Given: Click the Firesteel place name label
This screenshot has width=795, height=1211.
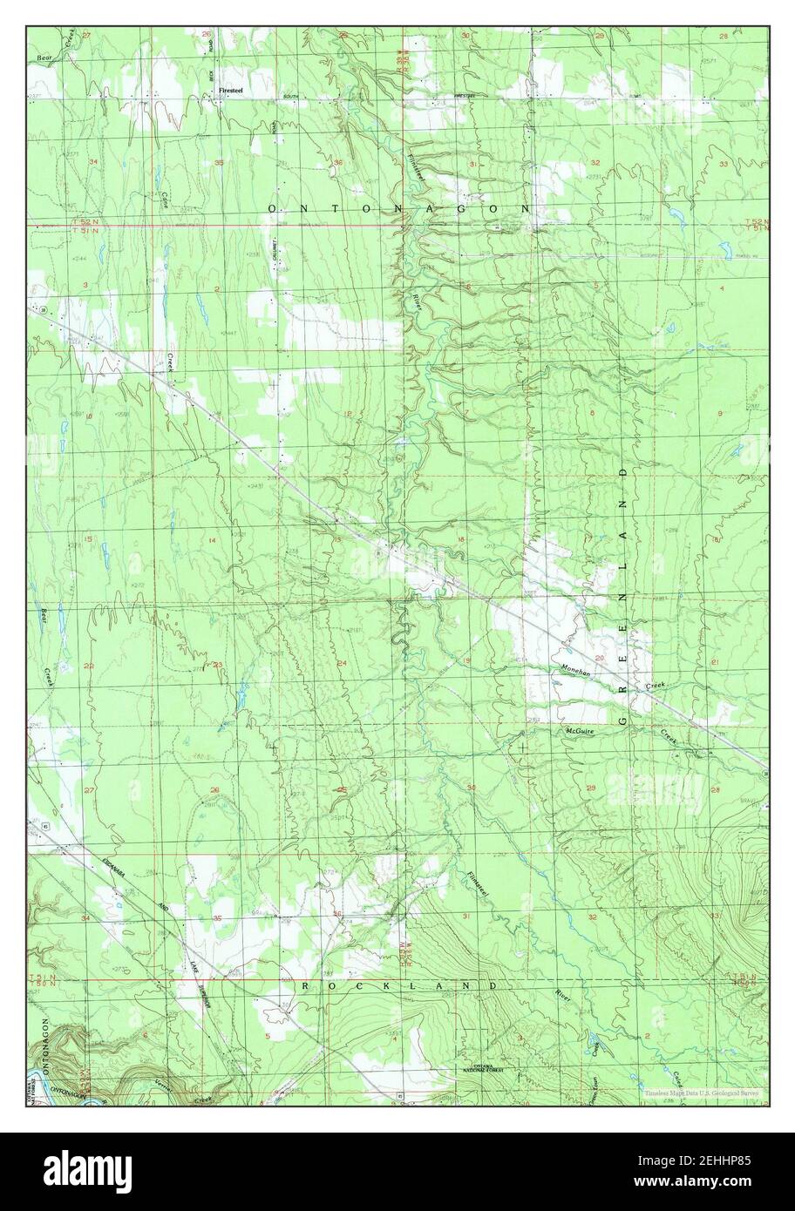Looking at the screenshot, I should pyautogui.click(x=232, y=86).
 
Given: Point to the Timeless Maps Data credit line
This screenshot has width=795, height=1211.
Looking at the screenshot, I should pyautogui.click(x=702, y=1093).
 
